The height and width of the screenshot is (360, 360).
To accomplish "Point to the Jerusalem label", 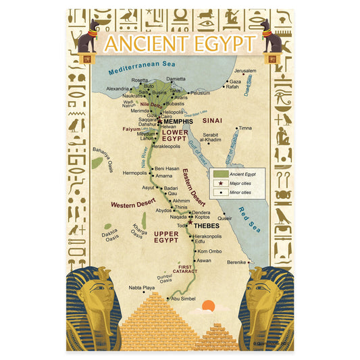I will pyautogui.click(x=245, y=71).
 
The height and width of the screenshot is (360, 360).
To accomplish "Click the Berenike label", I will pyautogui.click(x=255, y=262).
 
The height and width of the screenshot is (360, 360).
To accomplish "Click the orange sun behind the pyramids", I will pyautogui.click(x=208, y=307).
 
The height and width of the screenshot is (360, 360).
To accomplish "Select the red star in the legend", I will pyautogui.click(x=220, y=183).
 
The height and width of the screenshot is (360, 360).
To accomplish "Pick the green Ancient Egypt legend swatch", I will pyautogui.click(x=220, y=174).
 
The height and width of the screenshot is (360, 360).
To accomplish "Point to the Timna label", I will pyautogui.click(x=245, y=128).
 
